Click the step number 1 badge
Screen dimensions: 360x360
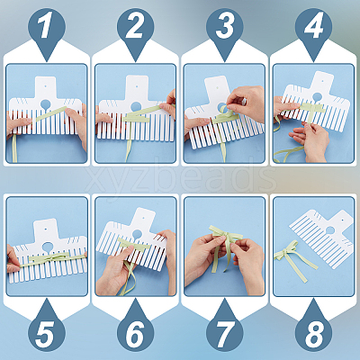click(x=47, y=29)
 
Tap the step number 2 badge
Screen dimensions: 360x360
click(x=135, y=29)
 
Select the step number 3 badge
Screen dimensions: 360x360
click(x=224, y=29)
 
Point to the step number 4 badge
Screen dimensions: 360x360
click(x=313, y=29)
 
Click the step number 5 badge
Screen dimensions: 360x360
click(x=47, y=330)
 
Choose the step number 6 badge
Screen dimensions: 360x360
click(x=135, y=330)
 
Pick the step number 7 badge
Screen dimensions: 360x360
click(x=224, y=330)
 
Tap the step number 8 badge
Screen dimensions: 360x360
click(x=313, y=330)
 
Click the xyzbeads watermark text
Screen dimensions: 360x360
click(x=180, y=178)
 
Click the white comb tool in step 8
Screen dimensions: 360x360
click(x=322, y=237)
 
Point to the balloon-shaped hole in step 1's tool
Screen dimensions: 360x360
click(x=45, y=105)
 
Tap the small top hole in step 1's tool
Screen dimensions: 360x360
click(x=45, y=86)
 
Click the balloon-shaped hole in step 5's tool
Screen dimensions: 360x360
click(x=47, y=247)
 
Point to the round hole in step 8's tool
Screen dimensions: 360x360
click(x=330, y=230)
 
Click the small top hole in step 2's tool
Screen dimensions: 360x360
click(x=137, y=86)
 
